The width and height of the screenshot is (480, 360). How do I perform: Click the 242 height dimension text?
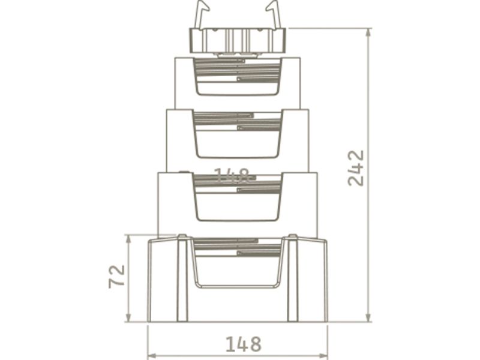pos(356,168)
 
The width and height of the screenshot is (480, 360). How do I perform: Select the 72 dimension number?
pos(117,276)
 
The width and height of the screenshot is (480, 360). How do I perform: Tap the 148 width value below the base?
pos(243,344)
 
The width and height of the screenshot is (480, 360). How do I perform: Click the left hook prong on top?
pos(202,14)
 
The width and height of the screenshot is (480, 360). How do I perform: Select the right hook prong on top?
pos(274,14)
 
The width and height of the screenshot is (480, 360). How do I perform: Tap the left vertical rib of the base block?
pos(182,279)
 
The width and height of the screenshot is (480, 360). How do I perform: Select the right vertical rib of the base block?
pos(293,279)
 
